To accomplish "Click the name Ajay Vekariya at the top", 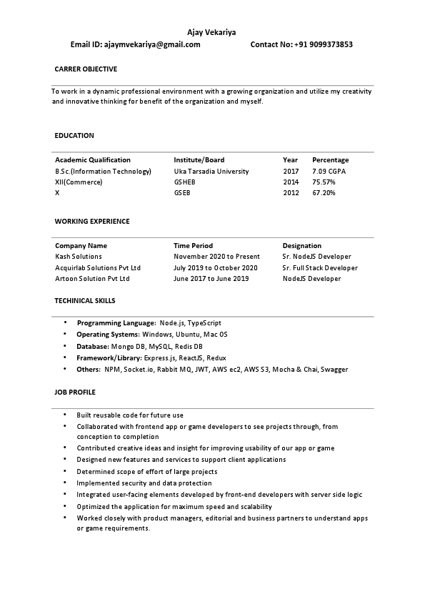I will [211, 32].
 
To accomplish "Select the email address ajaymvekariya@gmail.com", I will [152, 44].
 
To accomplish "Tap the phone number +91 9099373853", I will [323, 44].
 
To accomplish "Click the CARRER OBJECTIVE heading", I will [86, 69].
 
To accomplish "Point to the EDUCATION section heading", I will [74, 135].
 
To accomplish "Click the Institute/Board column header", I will [199, 160].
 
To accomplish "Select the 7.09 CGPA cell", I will [329, 172].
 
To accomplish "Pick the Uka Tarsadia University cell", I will [211, 172].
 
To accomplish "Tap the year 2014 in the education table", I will [291, 182].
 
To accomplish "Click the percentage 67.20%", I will [324, 193].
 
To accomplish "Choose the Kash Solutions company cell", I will [79, 256].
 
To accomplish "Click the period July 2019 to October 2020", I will [215, 267].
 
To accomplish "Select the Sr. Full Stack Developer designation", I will [320, 267].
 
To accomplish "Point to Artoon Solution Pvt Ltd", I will [92, 278].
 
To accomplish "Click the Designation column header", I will [301, 245].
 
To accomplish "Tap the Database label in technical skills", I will [92, 346].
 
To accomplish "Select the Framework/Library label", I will [109, 357].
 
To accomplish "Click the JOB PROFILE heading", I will [75, 393].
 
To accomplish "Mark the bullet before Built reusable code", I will [66, 415].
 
